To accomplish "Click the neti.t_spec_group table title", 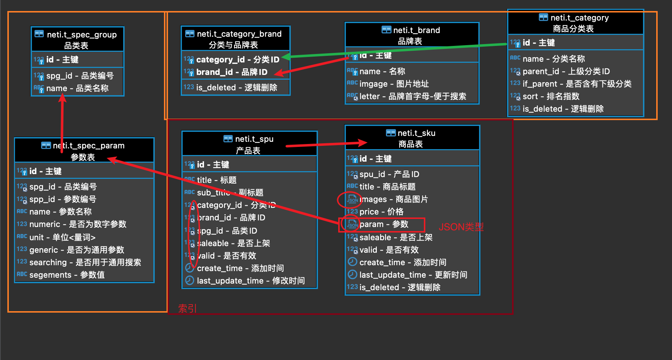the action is point(82,35).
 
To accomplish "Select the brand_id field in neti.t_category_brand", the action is point(232,72).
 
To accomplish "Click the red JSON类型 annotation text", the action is point(461,227).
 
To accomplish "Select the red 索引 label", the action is point(187,309).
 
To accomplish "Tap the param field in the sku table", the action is point(384,224).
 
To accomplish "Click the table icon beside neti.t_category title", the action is point(543,17).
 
